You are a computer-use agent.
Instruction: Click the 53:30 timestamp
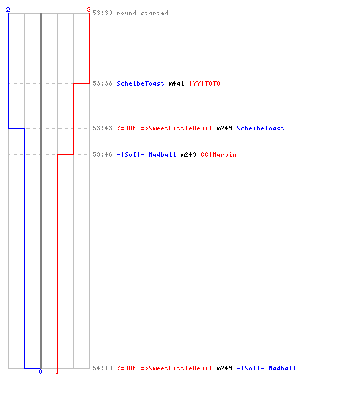click(x=102, y=13)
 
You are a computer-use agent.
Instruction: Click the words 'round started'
click(x=142, y=13)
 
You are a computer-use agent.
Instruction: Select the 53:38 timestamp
click(x=102, y=83)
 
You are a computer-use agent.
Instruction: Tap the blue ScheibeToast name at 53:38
click(x=140, y=83)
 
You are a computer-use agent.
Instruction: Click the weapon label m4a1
click(x=176, y=83)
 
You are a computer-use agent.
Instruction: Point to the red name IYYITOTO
click(x=205, y=83)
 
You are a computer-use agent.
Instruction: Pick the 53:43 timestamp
click(x=102, y=128)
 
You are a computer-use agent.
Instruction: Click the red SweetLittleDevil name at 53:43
click(x=165, y=128)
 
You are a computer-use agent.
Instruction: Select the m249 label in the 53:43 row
click(x=224, y=128)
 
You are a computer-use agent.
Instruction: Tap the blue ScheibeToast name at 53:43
click(x=260, y=128)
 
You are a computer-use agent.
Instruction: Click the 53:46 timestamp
click(x=102, y=154)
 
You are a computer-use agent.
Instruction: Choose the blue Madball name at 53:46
click(x=146, y=154)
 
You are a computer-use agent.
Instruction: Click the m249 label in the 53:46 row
click(x=188, y=154)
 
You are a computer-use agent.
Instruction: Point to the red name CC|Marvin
click(x=218, y=154)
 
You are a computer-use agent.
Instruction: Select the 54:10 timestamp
click(x=102, y=368)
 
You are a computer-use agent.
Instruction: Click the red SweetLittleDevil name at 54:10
click(x=165, y=368)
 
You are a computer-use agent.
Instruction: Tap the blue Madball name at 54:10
click(x=266, y=368)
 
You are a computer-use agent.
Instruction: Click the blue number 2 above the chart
click(x=8, y=10)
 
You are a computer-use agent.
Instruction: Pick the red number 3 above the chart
click(x=89, y=10)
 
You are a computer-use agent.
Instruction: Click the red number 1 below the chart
click(x=57, y=371)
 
